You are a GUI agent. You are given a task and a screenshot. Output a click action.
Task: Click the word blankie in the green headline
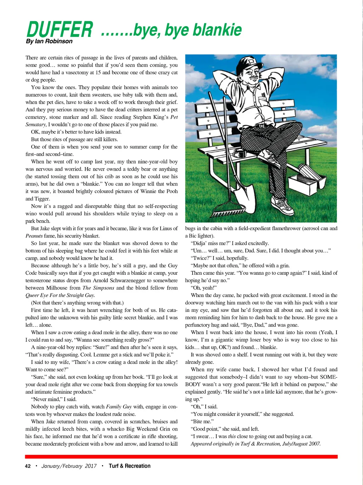pos(217,30)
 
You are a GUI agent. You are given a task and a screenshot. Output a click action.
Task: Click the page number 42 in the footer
pos(28,466)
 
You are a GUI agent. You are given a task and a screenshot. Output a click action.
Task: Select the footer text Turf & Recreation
pos(129,466)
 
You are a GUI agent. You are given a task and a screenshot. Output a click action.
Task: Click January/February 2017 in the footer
pos(69,466)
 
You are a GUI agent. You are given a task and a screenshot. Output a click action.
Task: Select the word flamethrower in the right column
pos(282,228)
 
